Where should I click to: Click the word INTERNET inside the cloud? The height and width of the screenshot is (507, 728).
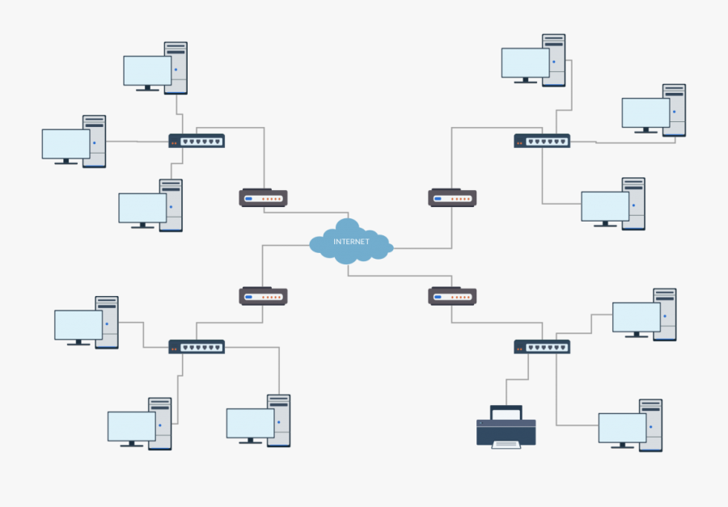pyautogui.click(x=351, y=242)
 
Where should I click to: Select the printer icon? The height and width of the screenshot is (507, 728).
pyautogui.click(x=506, y=426)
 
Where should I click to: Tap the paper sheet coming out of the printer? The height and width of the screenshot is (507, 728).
pyautogui.click(x=506, y=444)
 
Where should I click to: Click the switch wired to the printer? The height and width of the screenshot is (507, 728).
pyautogui.click(x=542, y=347)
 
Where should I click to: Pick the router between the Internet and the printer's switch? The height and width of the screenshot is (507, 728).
pyautogui.click(x=452, y=296)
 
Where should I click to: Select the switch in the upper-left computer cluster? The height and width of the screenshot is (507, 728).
pyautogui.click(x=197, y=141)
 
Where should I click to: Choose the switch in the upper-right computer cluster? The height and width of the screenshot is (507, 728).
pyautogui.click(x=542, y=141)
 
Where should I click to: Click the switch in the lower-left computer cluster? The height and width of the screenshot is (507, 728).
pyautogui.click(x=197, y=347)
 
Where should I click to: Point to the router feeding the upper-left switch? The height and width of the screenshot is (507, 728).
pyautogui.click(x=264, y=197)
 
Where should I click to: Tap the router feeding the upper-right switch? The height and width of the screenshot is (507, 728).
pyautogui.click(x=452, y=197)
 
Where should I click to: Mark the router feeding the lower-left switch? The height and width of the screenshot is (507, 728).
pyautogui.click(x=264, y=296)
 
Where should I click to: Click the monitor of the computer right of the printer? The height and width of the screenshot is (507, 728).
pyautogui.click(x=622, y=427)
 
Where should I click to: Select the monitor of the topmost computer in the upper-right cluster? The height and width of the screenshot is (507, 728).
pyautogui.click(x=525, y=63)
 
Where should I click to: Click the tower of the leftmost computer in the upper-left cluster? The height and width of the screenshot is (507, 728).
pyautogui.click(x=95, y=141)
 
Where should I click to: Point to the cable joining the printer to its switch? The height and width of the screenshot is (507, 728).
pyautogui.click(x=507, y=388)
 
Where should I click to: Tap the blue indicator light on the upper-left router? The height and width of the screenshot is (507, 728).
pyautogui.click(x=249, y=198)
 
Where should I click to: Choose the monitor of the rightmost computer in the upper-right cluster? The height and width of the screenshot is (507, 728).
pyautogui.click(x=645, y=113)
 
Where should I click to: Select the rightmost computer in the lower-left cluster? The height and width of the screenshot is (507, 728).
pyautogui.click(x=259, y=420)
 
